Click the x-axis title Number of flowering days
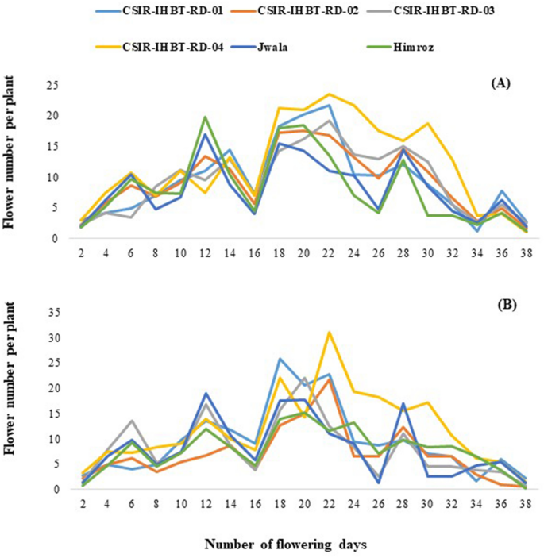286,545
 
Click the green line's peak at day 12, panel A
205,117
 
